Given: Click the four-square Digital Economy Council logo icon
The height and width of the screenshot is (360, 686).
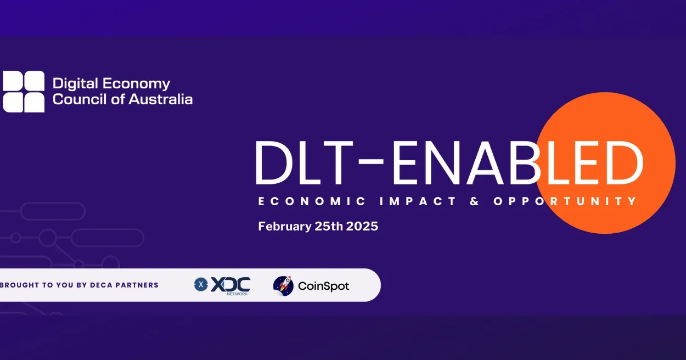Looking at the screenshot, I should click(x=24, y=91).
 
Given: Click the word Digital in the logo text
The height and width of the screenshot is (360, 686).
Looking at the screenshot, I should click(x=74, y=84).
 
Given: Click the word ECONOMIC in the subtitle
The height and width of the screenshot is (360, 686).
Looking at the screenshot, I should click(x=312, y=201).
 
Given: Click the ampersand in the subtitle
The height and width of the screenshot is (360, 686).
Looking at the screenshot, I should click(x=475, y=201).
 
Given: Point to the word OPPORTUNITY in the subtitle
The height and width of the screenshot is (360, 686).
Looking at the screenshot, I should click(x=565, y=201).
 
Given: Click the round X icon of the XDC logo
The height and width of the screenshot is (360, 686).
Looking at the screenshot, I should click(x=201, y=284).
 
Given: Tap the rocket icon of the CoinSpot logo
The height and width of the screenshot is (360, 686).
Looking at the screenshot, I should click(x=283, y=285).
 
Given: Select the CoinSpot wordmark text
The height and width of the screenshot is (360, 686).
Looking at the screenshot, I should click(x=323, y=286).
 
